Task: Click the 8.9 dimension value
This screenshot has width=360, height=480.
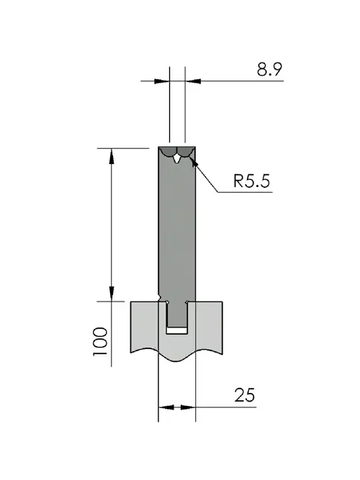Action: click(x=269, y=69)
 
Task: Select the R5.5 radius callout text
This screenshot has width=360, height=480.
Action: click(x=251, y=181)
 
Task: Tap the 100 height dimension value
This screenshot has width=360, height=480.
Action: click(x=101, y=341)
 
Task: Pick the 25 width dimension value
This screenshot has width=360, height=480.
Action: click(x=245, y=395)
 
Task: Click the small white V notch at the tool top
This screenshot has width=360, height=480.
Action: click(x=177, y=159)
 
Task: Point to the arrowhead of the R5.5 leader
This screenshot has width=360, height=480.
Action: click(x=194, y=162)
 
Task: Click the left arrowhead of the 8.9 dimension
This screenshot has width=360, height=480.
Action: click(x=161, y=81)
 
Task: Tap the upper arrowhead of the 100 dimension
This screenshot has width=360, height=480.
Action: click(x=112, y=156)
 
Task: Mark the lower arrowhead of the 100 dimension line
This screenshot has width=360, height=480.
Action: click(x=112, y=294)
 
